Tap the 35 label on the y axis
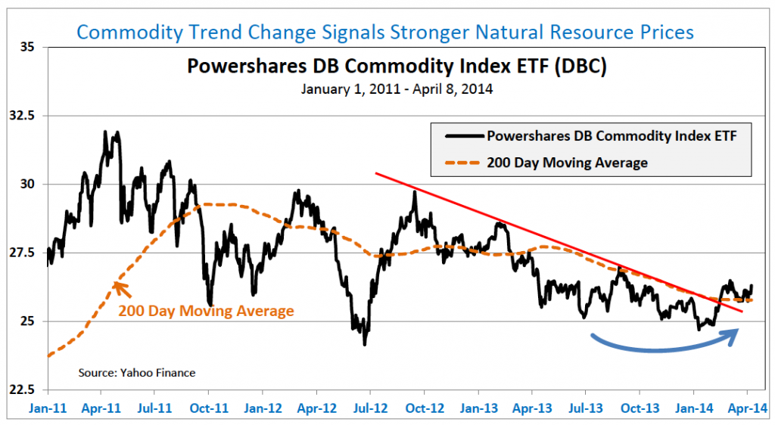[30, 47]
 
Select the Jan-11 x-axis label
[47, 407]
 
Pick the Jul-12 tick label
[369, 407]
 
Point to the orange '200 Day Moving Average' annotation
[206, 311]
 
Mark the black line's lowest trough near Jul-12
[365, 345]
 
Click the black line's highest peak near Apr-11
[104, 132]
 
